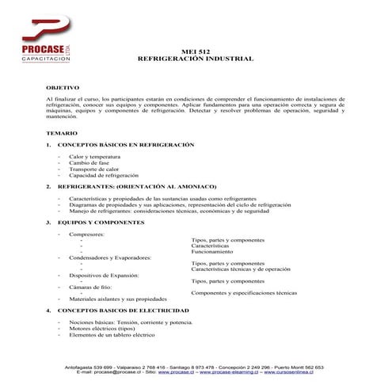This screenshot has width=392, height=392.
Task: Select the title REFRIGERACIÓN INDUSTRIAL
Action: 196,59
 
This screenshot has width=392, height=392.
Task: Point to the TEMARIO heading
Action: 62,135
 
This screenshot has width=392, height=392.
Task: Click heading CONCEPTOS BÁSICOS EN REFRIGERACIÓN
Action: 120,147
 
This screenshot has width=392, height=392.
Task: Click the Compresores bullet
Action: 86,234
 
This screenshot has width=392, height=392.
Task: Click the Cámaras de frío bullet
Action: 90,287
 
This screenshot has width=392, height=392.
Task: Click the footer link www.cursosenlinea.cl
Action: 298,371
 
